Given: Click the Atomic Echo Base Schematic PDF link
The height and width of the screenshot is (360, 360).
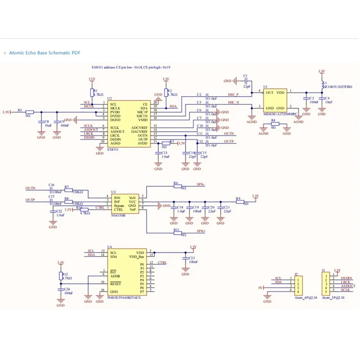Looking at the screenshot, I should (x=45, y=53).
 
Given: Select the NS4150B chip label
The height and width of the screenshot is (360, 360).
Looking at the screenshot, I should (x=118, y=215).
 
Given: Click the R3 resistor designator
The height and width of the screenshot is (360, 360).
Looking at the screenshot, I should (x=19, y=109).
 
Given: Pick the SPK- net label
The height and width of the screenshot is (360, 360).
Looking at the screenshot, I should (x=201, y=185).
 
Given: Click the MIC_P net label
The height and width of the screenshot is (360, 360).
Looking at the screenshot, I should (x=234, y=94).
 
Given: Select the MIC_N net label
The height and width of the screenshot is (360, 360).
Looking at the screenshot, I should (x=234, y=103).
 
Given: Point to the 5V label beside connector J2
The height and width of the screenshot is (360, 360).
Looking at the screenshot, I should (x=260, y=288).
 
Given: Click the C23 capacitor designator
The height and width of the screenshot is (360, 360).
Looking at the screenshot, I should (x=192, y=258).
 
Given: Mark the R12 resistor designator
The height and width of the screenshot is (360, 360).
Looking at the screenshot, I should (x=65, y=274).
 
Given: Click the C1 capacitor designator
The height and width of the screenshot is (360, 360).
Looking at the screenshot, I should (x=245, y=76).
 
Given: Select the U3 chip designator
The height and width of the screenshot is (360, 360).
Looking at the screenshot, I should (x=113, y=192).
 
